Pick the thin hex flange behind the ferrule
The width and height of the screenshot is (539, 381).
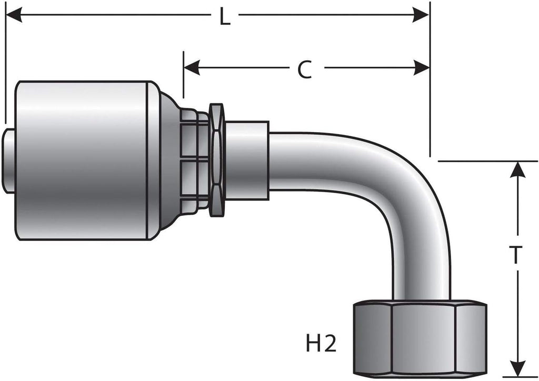pyautogui.click(x=216, y=160)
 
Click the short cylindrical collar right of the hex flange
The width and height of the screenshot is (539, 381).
pyautogui.click(x=246, y=160)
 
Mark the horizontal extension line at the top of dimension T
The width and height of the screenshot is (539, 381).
pyautogui.click(x=484, y=161)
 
